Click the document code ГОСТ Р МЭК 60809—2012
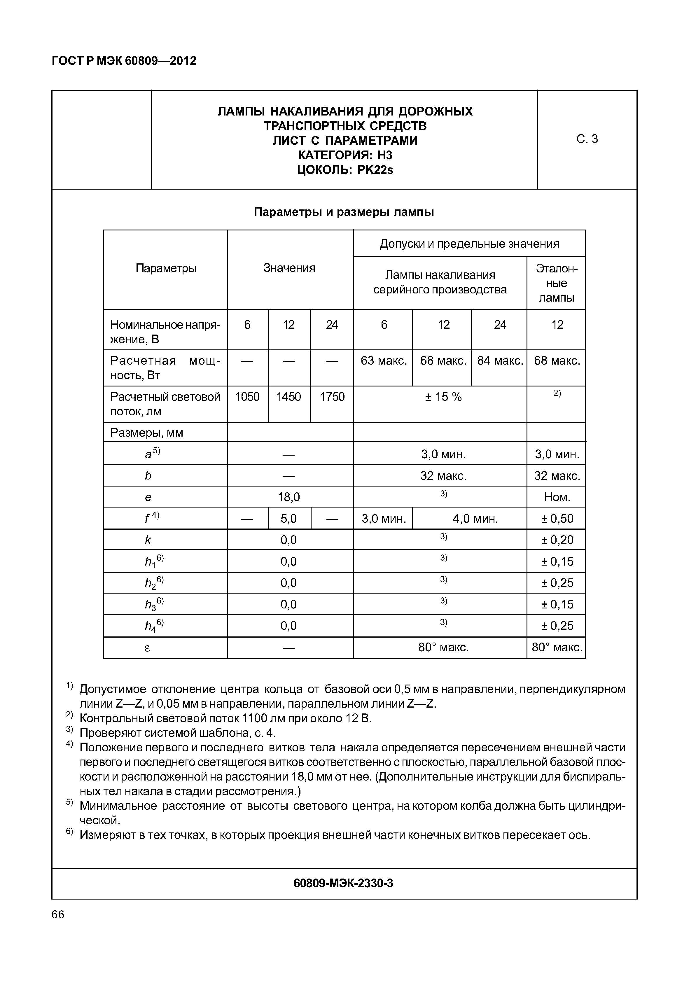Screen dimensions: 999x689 click(124, 61)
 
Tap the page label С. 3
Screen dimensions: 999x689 click(587, 139)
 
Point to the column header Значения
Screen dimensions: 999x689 click(289, 268)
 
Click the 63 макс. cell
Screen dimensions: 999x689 click(383, 361)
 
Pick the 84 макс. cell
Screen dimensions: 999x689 click(499, 361)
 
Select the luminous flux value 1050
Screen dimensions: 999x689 click(247, 397)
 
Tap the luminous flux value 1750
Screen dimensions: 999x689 click(332, 397)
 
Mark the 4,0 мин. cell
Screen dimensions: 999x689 click(475, 519)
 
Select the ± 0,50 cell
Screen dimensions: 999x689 click(557, 519)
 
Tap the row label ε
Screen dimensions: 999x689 click(147, 648)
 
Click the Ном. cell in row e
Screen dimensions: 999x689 click(557, 497)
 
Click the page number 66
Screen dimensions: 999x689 click(58, 915)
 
